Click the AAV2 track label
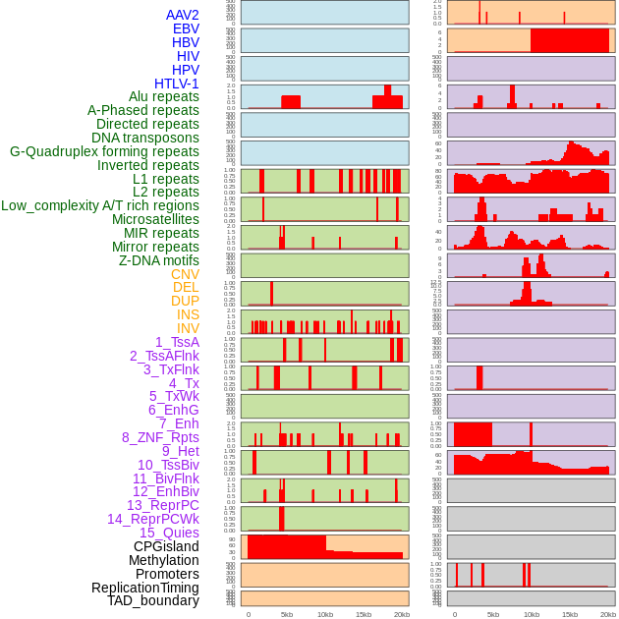tap(182, 15)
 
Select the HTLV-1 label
tap(176, 84)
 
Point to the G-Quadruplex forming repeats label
tap(104, 151)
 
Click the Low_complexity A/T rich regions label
tap(100, 205)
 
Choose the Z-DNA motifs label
tap(158, 260)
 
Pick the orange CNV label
tap(185, 274)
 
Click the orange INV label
tap(188, 328)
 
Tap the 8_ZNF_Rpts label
tap(160, 437)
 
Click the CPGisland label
tap(166, 546)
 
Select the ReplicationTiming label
tap(144, 588)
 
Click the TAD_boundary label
tap(153, 600)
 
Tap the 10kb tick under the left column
tap(324, 614)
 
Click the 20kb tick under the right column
tap(608, 614)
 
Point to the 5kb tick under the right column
tap(492, 614)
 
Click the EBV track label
tap(186, 28)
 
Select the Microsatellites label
tap(155, 219)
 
